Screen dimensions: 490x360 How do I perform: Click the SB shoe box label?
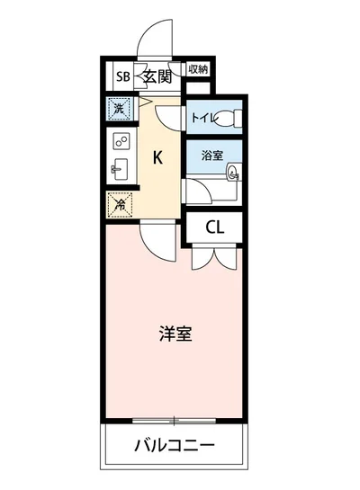[121, 76]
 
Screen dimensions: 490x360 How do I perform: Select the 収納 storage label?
[199, 69]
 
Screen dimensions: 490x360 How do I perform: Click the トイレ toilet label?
[204, 117]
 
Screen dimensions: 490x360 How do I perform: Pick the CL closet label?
[214, 227]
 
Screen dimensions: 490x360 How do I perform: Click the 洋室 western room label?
[175, 334]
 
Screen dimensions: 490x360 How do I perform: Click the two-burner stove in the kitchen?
[121, 141]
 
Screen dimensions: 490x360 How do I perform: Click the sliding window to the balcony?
[175, 420]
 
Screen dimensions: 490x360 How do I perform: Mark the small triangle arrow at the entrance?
[142, 100]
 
